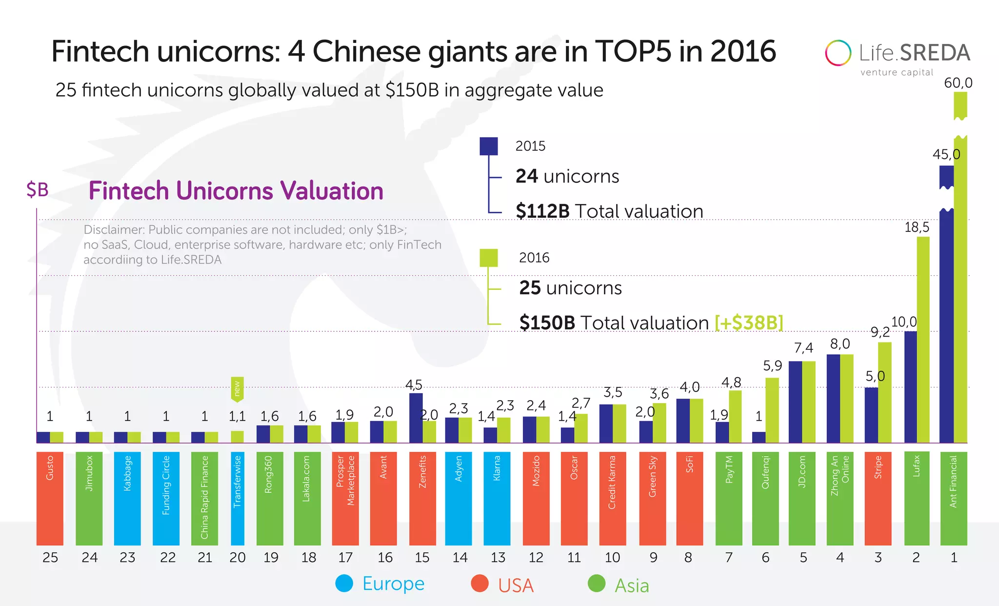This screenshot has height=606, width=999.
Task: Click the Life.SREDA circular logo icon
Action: (838, 53)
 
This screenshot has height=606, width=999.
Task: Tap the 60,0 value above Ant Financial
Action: (958, 83)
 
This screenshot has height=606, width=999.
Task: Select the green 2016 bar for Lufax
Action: (923, 342)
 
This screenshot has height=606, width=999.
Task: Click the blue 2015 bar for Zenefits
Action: (416, 418)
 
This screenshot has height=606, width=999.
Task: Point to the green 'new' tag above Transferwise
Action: (237, 389)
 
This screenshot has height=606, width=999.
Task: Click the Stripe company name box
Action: (878, 498)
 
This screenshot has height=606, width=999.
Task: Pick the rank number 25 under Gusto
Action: (50, 557)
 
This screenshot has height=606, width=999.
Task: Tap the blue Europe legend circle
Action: (344, 584)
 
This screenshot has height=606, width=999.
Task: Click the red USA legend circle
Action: (480, 584)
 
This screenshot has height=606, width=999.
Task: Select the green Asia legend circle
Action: (596, 584)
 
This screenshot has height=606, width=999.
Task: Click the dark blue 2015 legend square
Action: (489, 146)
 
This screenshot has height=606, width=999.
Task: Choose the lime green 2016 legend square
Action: (489, 258)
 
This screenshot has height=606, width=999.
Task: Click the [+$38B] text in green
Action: (749, 323)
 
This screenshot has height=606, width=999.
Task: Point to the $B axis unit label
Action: (38, 190)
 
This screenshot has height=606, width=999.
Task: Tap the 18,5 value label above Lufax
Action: (917, 227)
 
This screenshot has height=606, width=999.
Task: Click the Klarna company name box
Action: (497, 498)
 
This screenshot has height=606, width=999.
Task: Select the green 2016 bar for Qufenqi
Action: (772, 410)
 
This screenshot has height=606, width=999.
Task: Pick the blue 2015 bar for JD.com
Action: (795, 402)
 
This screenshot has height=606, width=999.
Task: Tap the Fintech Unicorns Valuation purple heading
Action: (236, 191)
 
